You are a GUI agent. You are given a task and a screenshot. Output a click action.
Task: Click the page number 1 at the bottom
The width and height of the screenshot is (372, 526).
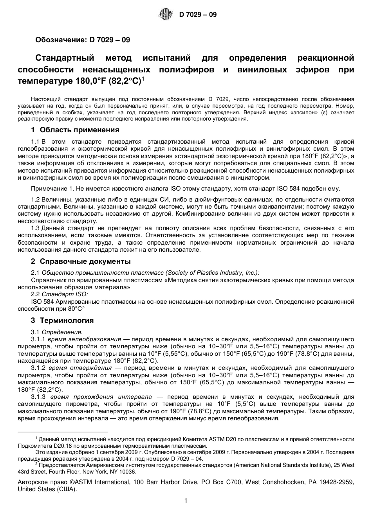point(186,501)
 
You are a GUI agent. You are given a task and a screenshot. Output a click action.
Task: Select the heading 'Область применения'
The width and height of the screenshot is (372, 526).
point(79,130)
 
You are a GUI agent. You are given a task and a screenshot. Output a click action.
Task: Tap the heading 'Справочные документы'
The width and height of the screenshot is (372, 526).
point(85,261)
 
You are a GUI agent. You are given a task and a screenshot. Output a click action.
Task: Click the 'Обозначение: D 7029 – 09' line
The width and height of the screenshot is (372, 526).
point(83,40)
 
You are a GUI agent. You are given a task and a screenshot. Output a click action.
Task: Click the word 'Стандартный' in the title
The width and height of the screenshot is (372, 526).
point(65,58)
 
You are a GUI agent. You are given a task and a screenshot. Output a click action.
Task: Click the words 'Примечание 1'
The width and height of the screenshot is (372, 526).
point(49,189)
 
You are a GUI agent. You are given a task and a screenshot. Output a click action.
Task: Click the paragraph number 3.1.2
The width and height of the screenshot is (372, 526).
point(38,368)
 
